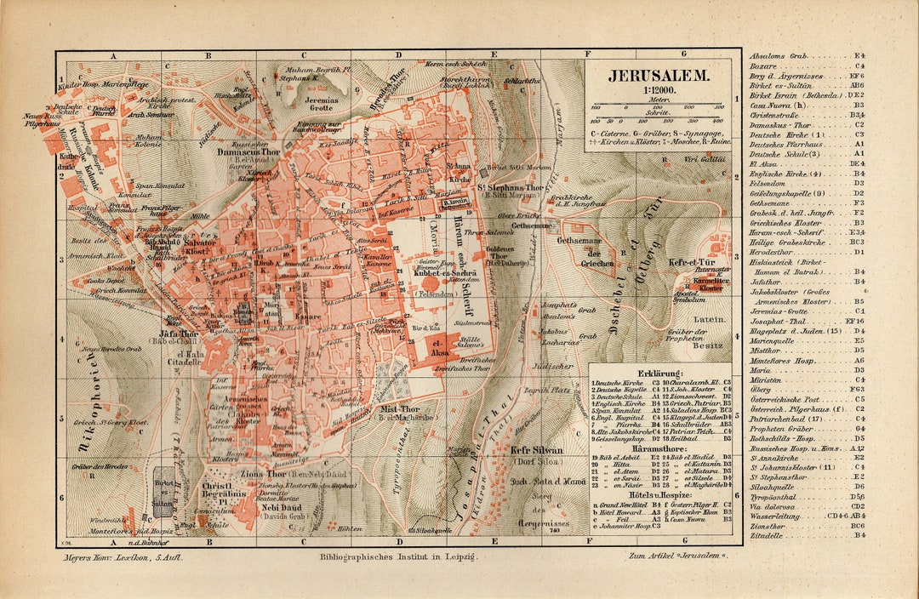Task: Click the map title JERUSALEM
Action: pyautogui.click(x=659, y=75)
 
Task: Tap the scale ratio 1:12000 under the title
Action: pyautogui.click(x=659, y=89)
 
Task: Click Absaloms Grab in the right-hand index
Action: pyautogui.click(x=777, y=55)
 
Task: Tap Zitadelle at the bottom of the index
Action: pyautogui.click(x=766, y=534)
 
